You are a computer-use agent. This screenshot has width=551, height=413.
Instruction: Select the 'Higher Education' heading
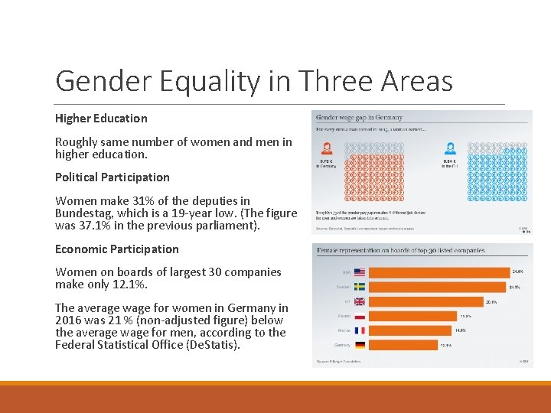(101, 119)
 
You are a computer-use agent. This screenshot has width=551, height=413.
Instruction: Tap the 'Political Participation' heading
(112, 177)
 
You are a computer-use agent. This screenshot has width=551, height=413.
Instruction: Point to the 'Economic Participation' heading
(116, 249)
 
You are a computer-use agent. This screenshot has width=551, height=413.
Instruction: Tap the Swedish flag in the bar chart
(360, 287)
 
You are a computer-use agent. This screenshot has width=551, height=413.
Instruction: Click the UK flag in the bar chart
(360, 301)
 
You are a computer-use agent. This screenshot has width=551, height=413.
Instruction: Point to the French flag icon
(360, 330)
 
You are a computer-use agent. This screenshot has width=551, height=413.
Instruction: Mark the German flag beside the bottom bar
(360, 345)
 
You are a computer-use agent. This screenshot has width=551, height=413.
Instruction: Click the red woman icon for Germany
(327, 148)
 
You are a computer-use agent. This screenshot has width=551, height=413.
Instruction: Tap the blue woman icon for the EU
(451, 148)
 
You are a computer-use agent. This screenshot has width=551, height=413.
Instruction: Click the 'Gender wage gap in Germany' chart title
(360, 118)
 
